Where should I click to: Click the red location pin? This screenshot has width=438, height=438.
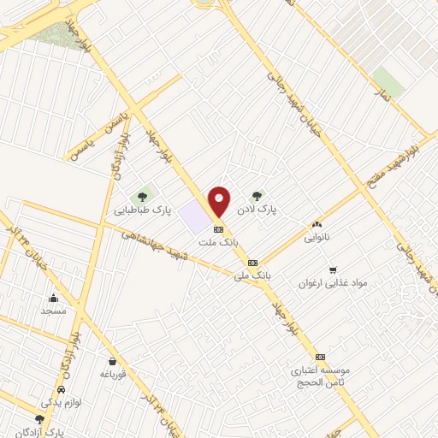[x=219, y=200]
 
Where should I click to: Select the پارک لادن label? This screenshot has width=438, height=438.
[x=265, y=208]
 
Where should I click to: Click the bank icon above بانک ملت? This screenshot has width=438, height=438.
[x=218, y=229]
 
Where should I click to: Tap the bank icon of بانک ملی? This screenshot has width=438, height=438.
[x=252, y=263]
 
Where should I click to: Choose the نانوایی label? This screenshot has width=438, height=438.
[x=321, y=240]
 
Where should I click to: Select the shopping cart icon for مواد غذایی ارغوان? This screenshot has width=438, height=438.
[x=333, y=268]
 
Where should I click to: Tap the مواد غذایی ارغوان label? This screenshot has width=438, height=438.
[x=334, y=282]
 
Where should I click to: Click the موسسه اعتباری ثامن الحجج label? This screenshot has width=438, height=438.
[x=322, y=376]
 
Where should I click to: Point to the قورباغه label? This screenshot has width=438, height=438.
[x=113, y=374]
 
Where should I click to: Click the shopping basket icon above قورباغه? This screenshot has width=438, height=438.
[x=113, y=361]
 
